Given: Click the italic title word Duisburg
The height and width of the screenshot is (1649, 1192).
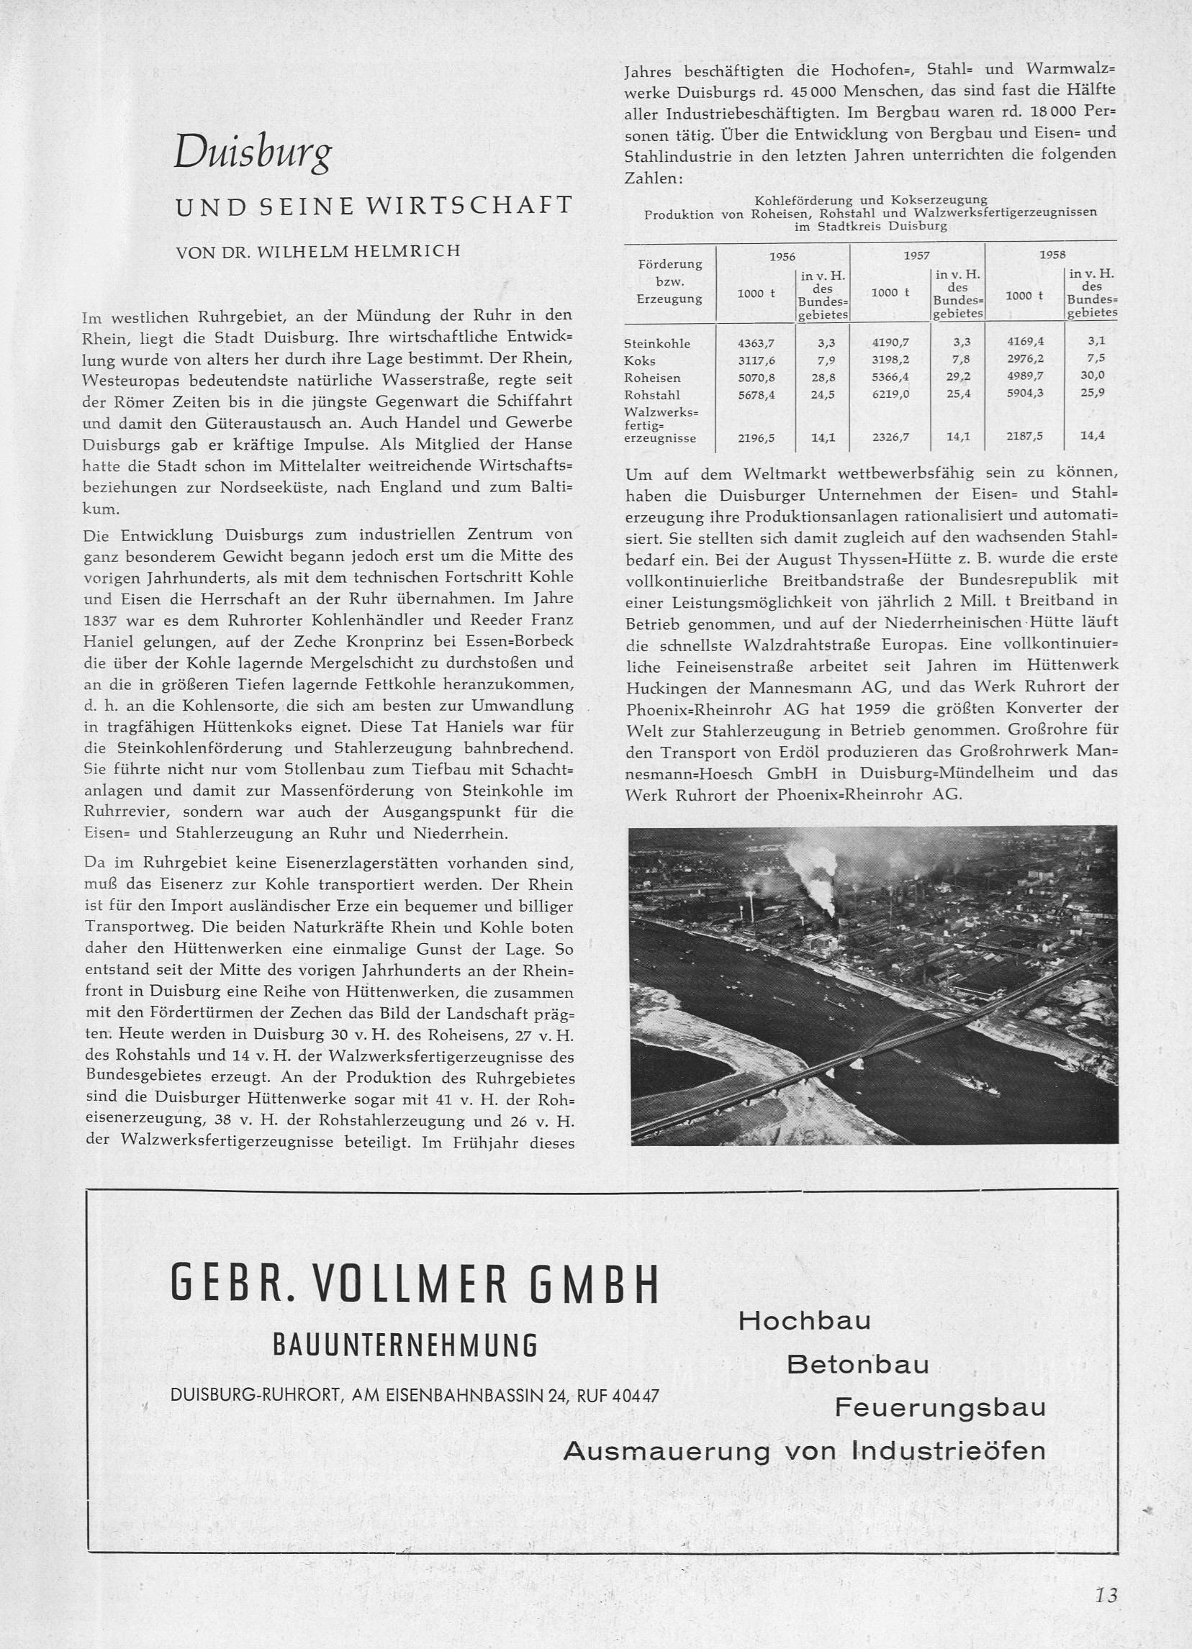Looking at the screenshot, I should (x=253, y=153).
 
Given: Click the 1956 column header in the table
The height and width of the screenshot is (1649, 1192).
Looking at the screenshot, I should (x=782, y=256).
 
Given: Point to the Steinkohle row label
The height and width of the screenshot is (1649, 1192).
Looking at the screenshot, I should (x=656, y=343).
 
